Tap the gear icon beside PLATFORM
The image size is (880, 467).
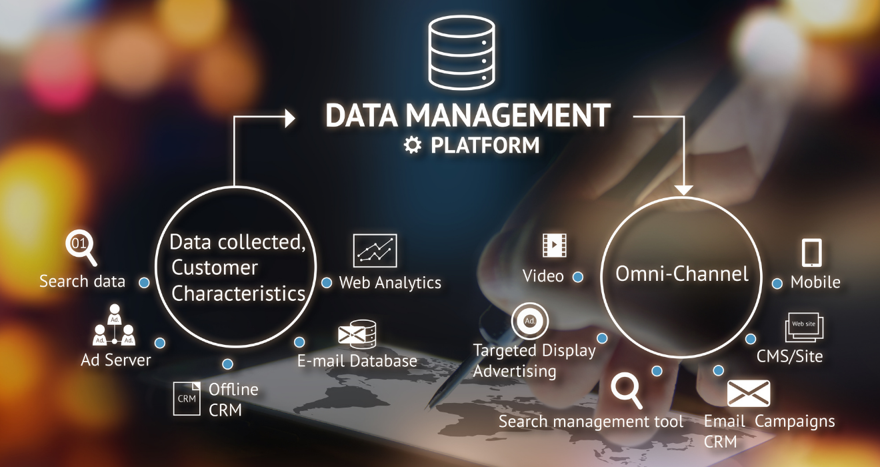click(413, 145)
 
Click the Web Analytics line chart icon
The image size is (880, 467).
click(375, 250)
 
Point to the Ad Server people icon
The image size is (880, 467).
click(114, 325)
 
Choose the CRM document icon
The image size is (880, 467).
click(187, 398)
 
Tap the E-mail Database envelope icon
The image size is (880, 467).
click(357, 334)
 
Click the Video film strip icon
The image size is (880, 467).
click(554, 245)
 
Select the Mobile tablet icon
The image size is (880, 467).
click(811, 252)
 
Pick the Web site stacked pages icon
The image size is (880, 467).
click(804, 327)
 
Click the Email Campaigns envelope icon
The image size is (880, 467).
click(749, 393)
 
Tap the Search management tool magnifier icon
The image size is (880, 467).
click(627, 391)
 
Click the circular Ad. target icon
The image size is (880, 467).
click(530, 321)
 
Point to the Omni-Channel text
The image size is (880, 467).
click(681, 274)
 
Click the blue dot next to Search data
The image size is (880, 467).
click(144, 283)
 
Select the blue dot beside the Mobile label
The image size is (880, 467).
click(777, 284)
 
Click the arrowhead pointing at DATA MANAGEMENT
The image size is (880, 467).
click(290, 118)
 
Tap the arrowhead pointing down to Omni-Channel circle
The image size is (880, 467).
click(684, 190)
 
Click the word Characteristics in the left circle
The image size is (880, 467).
click(239, 294)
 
